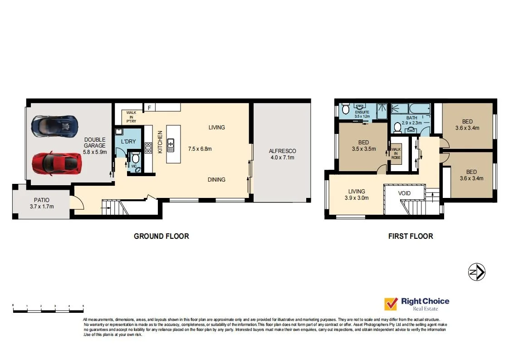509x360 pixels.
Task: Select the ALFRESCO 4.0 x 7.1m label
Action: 282,154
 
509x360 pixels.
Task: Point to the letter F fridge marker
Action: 149,108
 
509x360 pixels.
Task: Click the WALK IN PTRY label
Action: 131,117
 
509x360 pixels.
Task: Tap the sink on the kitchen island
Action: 171,146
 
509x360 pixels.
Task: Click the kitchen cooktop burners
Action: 148,148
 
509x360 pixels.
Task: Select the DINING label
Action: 216,180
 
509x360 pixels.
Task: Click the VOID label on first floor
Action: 404,193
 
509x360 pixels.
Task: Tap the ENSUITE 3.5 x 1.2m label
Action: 362,114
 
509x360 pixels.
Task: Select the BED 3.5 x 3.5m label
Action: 363,145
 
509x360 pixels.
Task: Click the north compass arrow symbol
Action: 477,272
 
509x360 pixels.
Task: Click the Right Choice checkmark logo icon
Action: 391,304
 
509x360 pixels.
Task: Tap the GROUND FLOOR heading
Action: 161,236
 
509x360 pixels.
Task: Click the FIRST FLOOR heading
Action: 410,236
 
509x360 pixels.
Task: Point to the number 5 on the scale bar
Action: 83,306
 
